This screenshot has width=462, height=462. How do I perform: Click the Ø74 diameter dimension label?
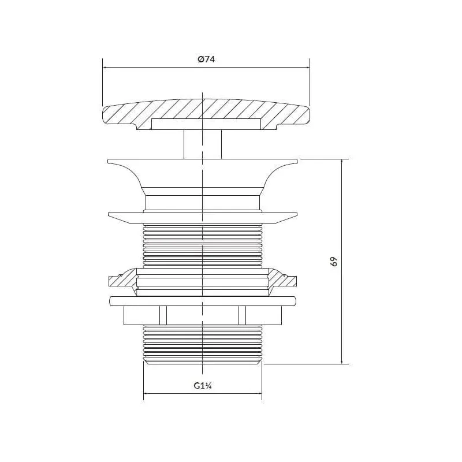206,59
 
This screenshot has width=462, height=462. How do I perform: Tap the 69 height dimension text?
334,262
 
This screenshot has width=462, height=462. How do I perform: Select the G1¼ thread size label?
203,385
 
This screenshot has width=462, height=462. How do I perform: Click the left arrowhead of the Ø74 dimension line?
105,68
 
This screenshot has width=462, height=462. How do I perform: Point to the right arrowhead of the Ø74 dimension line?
307,68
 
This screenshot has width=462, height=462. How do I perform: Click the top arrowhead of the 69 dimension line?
342,162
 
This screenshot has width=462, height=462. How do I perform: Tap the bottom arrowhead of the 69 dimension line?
342,362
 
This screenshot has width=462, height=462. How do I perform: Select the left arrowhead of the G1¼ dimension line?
146,393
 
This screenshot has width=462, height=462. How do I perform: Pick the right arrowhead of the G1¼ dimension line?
259,393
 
